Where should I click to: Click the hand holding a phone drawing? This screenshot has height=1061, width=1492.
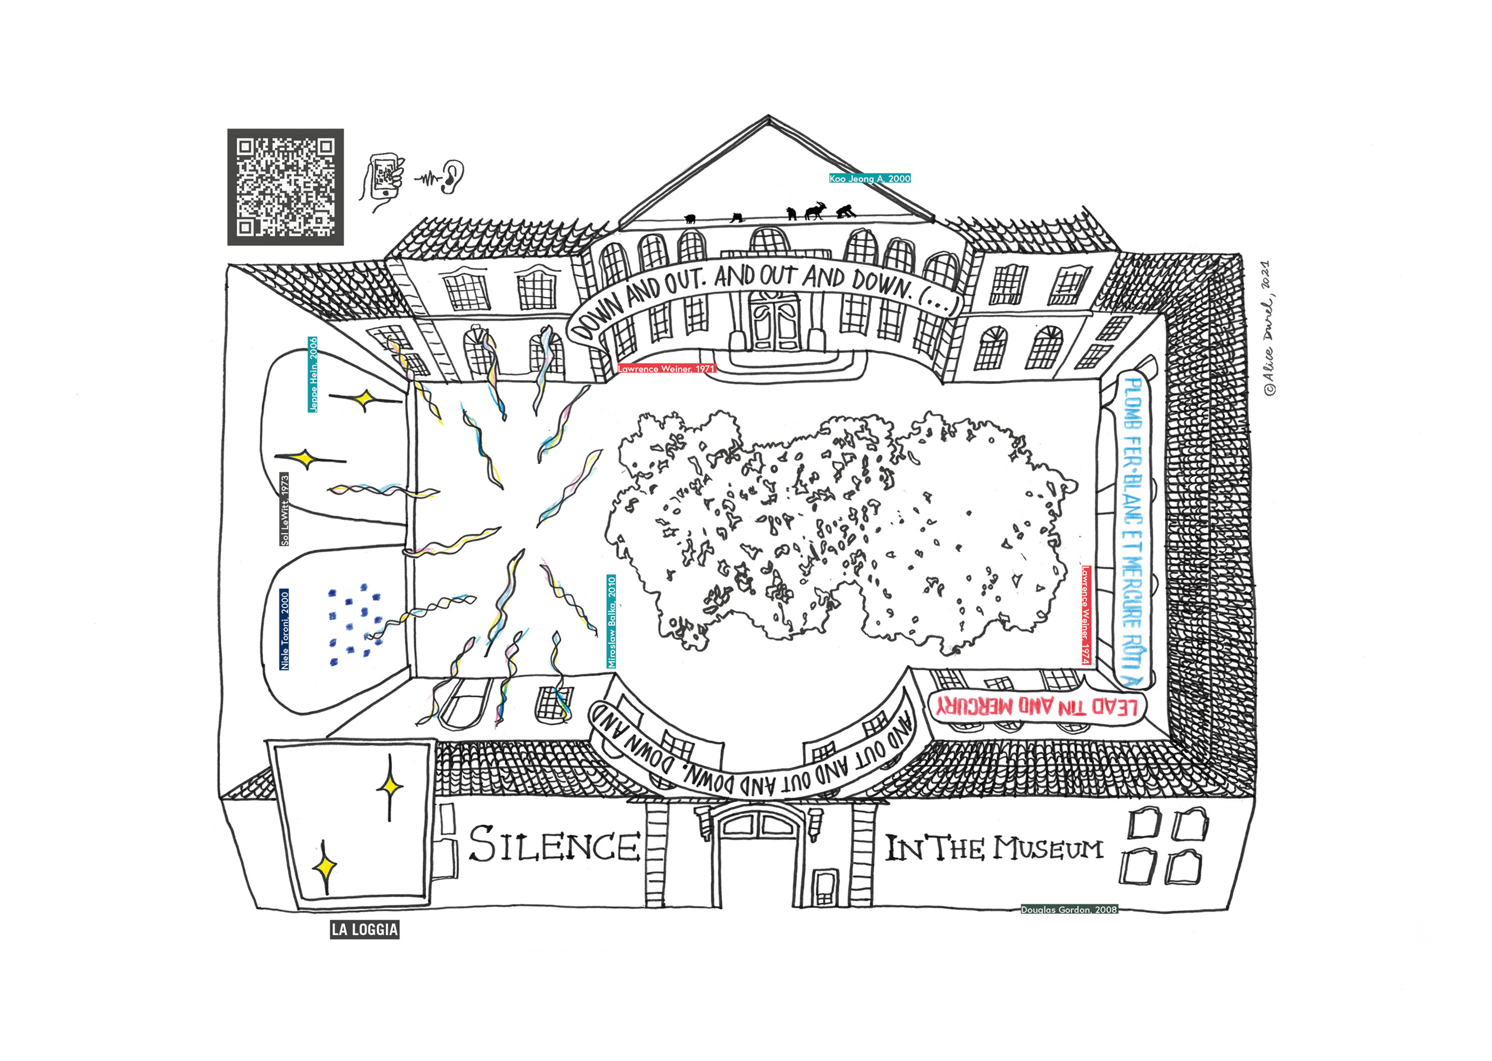pos(384,179)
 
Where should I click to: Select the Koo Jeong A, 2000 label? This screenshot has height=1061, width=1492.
pos(869,179)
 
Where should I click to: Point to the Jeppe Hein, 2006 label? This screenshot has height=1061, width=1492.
pos(313,374)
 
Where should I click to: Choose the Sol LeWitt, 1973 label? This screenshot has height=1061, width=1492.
pos(284,509)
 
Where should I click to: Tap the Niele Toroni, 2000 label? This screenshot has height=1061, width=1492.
pos(284,630)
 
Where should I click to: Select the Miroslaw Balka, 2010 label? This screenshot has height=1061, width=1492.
pos(612,621)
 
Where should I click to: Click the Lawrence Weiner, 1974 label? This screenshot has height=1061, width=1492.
pos(1085,615)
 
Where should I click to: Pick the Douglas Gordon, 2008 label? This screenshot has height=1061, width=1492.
pos(1069,909)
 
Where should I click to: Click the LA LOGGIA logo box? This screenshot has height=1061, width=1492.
pos(364,930)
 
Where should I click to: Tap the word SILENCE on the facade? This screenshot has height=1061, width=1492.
pos(554,845)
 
